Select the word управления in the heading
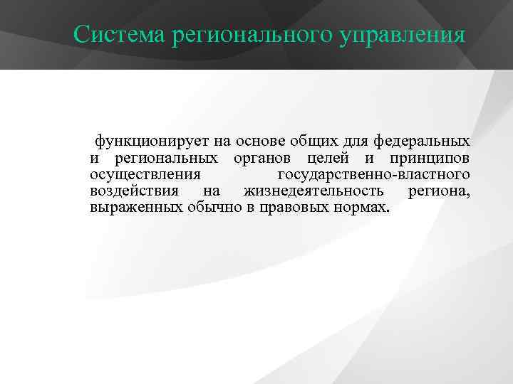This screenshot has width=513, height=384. point(393,34)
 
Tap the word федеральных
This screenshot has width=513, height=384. point(422,141)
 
